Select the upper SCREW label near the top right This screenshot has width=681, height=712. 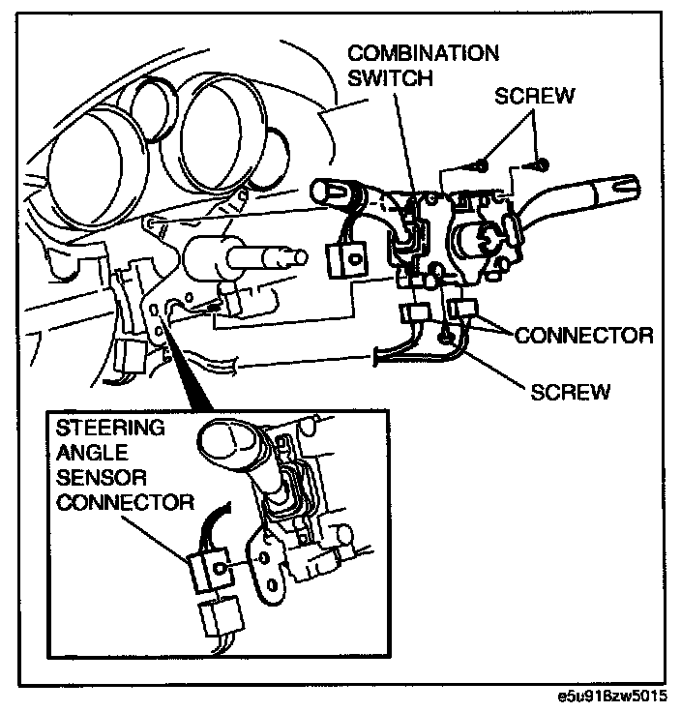coord(535,97)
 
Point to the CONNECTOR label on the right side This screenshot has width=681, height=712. coord(584,336)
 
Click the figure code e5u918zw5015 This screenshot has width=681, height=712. coord(611,697)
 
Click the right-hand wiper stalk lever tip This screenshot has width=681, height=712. coord(620,185)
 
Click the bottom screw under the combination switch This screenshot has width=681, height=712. coord(444,337)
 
